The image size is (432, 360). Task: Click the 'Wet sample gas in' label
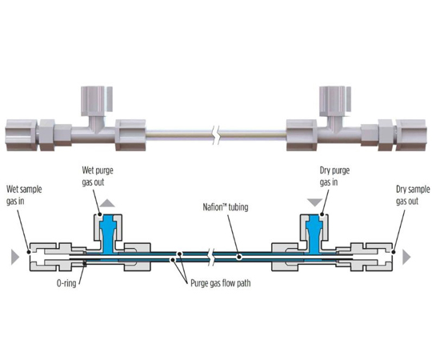(x=24, y=195)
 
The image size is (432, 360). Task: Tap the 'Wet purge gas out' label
(x=98, y=176)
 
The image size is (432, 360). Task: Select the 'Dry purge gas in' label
(x=334, y=176)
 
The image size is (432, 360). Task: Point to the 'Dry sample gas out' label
(x=413, y=195)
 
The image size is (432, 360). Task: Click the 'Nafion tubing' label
(x=226, y=207)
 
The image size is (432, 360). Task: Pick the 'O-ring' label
(x=66, y=283)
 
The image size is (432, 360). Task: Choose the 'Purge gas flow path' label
(x=221, y=283)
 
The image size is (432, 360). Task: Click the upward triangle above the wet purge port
(x=107, y=203)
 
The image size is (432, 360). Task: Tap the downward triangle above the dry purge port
(x=315, y=202)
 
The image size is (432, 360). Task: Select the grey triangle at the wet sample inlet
(x=15, y=257)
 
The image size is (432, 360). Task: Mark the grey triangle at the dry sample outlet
(x=406, y=257)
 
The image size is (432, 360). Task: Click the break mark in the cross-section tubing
(x=211, y=257)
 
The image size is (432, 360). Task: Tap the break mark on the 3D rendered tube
(x=217, y=135)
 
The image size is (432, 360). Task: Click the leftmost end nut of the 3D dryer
(x=21, y=135)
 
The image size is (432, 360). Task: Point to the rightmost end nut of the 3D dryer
(x=411, y=135)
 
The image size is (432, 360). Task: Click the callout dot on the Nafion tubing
(x=239, y=257)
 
